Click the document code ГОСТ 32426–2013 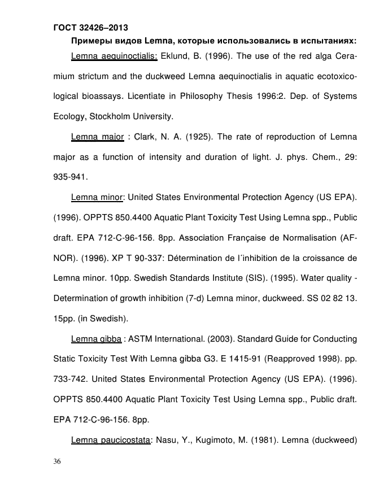[x=90, y=27]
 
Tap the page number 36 [x=58, y=461]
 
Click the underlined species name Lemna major [x=97, y=137]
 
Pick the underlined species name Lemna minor [x=97, y=197]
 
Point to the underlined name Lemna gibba [x=97, y=339]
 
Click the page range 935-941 [x=69, y=177]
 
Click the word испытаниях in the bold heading [x=328, y=41]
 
